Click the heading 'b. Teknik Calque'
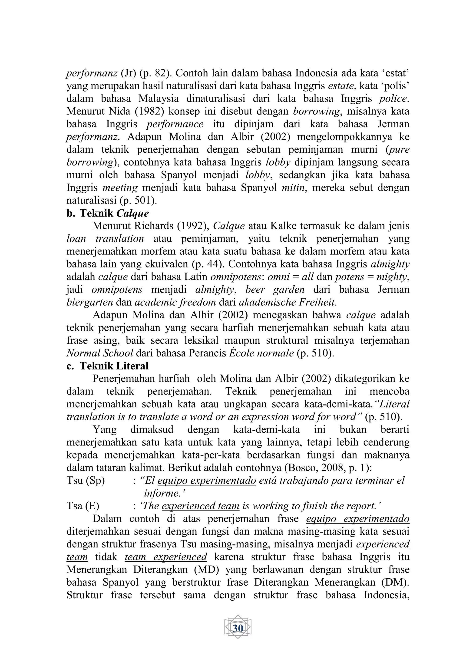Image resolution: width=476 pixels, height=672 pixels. pyautogui.click(x=108, y=213)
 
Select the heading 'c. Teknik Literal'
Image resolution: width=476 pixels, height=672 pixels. pyautogui.click(x=108, y=366)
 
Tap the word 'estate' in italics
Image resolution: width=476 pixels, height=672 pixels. pyautogui.click(x=341, y=86)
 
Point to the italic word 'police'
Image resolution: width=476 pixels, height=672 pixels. pyautogui.click(x=393, y=99)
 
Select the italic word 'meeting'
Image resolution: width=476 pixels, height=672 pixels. pyautogui.click(x=120, y=188)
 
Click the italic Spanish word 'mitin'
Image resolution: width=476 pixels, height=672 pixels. pyautogui.click(x=293, y=188)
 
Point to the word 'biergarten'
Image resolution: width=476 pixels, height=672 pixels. pyautogui.click(x=90, y=302)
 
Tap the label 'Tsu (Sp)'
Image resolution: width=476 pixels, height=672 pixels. pyautogui.click(x=86, y=480)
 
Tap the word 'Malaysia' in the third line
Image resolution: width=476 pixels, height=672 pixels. pyautogui.click(x=159, y=99)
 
